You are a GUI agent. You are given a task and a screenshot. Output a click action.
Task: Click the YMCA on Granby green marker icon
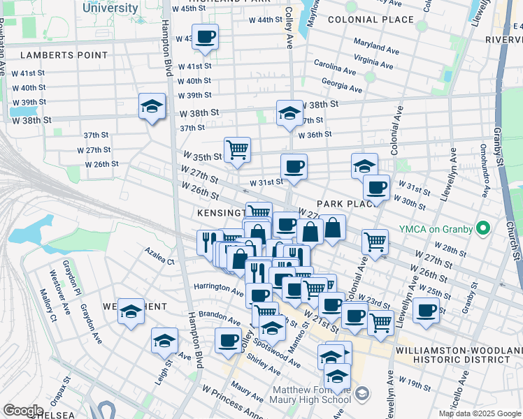(482, 229)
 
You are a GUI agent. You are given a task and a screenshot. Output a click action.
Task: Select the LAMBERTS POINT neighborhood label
(64, 54)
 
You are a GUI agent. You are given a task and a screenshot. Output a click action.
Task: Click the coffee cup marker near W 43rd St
(205, 37)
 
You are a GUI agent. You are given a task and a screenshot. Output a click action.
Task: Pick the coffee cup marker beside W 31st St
(294, 167)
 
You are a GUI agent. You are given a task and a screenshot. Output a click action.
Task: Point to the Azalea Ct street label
(160, 257)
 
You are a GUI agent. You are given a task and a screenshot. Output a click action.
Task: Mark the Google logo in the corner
(23, 411)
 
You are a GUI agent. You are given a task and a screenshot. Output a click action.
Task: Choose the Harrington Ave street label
(219, 286)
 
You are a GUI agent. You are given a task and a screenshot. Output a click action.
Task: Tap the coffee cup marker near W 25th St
(425, 311)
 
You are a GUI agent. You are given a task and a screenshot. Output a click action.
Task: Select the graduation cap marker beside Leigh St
(164, 341)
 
